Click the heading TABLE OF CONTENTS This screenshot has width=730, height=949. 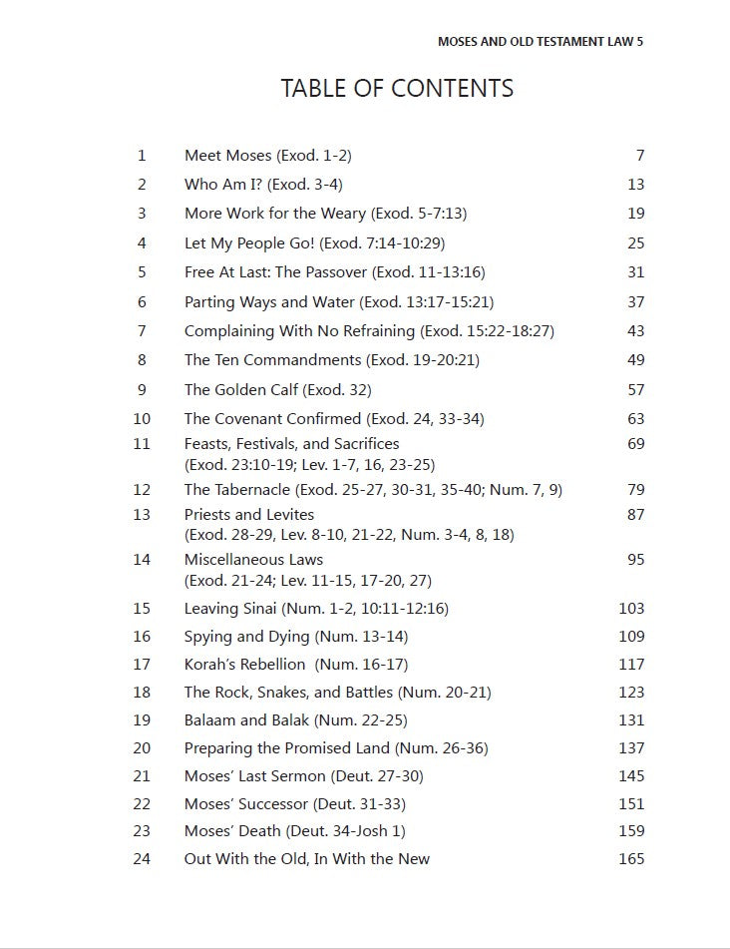[397, 89]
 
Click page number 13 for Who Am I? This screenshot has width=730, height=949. [636, 185]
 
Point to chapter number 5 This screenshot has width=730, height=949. [142, 272]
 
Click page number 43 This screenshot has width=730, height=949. [636, 331]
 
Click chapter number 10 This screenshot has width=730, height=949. [142, 419]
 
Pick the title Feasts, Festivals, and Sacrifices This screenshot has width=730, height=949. [291, 444]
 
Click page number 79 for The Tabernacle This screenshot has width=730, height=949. [636, 490]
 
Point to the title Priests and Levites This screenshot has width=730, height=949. [249, 515]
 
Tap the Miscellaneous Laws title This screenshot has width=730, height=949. [253, 560]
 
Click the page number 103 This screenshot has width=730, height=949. [631, 609]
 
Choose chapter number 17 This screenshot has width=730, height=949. [142, 665]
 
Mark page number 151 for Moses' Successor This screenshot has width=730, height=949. [631, 804]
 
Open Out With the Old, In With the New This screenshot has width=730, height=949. [306, 859]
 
